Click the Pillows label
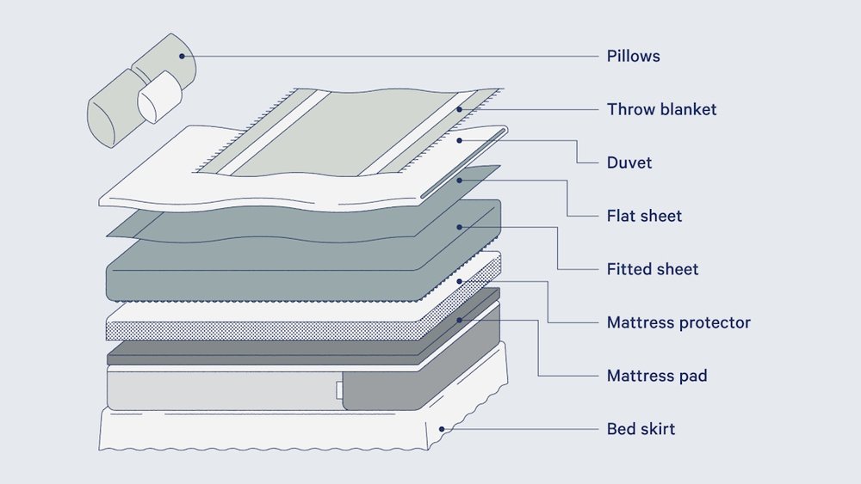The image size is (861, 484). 633,57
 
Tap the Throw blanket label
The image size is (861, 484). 661,109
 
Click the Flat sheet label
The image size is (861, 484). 644,216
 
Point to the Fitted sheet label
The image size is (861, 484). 652,269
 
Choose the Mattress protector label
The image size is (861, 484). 678,322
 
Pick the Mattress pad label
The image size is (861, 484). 657,376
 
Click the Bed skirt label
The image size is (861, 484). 641,428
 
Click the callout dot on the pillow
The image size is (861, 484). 182,57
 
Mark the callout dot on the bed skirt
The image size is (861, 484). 442,428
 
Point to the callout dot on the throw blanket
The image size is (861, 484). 461,109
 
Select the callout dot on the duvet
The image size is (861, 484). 461,140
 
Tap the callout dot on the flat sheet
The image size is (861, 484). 461,180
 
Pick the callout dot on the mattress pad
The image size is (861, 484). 461,320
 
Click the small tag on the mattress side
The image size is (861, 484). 339,392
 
